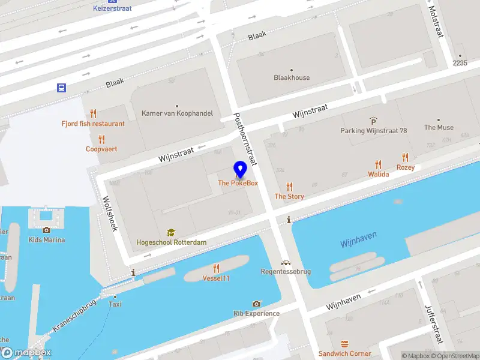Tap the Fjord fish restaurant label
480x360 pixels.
coord(93,124)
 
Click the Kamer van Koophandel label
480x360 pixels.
coord(177,113)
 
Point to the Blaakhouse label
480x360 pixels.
coord(292,77)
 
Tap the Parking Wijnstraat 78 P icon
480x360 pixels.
coord(373,121)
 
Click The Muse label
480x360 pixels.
coord(439,127)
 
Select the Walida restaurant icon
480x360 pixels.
coord(378,164)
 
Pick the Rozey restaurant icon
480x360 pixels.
coord(406,158)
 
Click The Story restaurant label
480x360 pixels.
coord(289,196)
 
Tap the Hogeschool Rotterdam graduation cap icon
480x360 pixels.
coord(171,232)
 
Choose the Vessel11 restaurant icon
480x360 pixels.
coord(216,268)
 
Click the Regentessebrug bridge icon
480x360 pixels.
coord(286,262)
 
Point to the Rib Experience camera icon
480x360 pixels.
coord(256,304)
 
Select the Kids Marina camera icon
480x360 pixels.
coord(46,230)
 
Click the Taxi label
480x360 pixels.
coord(115,304)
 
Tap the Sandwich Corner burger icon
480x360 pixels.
coord(344,344)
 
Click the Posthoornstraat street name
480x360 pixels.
coord(247,139)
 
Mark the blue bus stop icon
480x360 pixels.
coord(61,88)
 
